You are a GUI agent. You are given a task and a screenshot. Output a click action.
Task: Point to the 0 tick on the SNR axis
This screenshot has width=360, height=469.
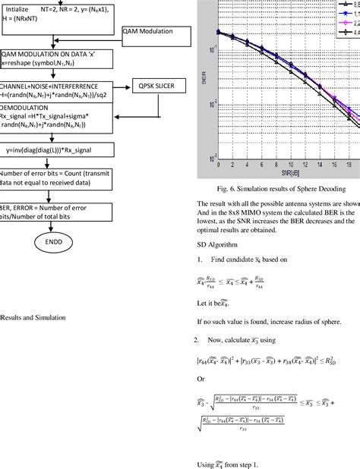pyautogui.click(x=219, y=164)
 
